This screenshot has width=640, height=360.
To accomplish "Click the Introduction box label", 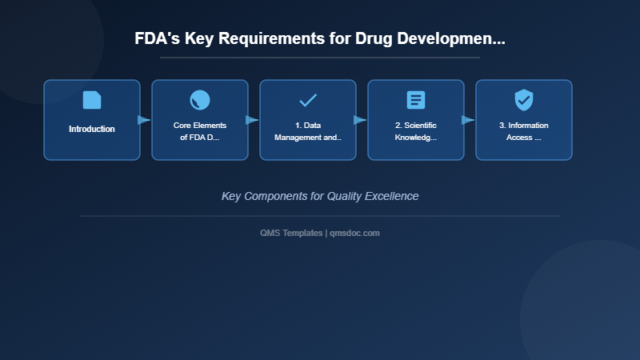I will click(92, 129).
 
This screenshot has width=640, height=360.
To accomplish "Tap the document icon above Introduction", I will click(92, 100).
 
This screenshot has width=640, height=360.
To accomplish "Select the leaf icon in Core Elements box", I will click(200, 100).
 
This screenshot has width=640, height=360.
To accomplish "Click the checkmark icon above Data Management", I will click(308, 100).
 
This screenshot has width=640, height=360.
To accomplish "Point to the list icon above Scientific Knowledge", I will click(416, 100).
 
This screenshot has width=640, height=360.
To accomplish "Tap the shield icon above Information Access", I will click(524, 100).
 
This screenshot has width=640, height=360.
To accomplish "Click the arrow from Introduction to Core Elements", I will click(144, 120).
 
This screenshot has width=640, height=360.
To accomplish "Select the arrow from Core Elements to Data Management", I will click(252, 120).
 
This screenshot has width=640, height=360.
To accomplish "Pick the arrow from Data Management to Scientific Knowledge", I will click(360, 120).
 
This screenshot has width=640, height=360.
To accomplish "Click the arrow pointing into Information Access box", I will click(468, 120).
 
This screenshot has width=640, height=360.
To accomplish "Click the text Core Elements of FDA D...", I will click(200, 131).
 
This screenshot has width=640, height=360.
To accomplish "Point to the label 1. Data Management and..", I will click(308, 131).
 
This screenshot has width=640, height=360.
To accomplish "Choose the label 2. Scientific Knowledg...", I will click(416, 131).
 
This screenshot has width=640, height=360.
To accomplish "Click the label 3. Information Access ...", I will click(524, 131).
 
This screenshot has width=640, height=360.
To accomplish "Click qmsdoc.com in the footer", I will click(355, 233).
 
